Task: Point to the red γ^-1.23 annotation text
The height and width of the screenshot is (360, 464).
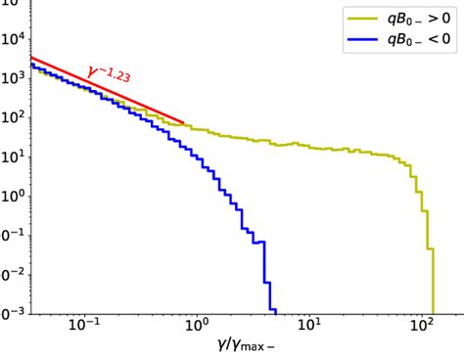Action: pyautogui.click(x=110, y=75)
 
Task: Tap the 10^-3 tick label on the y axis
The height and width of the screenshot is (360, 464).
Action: pyautogui.click(x=12, y=314)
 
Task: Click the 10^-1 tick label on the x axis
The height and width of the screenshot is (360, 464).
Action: pyautogui.click(x=84, y=328)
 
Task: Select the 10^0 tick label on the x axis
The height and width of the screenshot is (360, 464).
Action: pyautogui.click(x=197, y=328)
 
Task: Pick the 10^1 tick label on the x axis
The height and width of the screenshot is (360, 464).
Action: pyautogui.click(x=310, y=328)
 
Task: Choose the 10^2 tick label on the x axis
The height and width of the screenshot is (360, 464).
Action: pyautogui.click(x=423, y=328)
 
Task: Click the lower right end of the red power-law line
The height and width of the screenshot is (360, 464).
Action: pyautogui.click(x=185, y=124)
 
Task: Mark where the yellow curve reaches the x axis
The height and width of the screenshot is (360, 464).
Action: pyautogui.click(x=432, y=313)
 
